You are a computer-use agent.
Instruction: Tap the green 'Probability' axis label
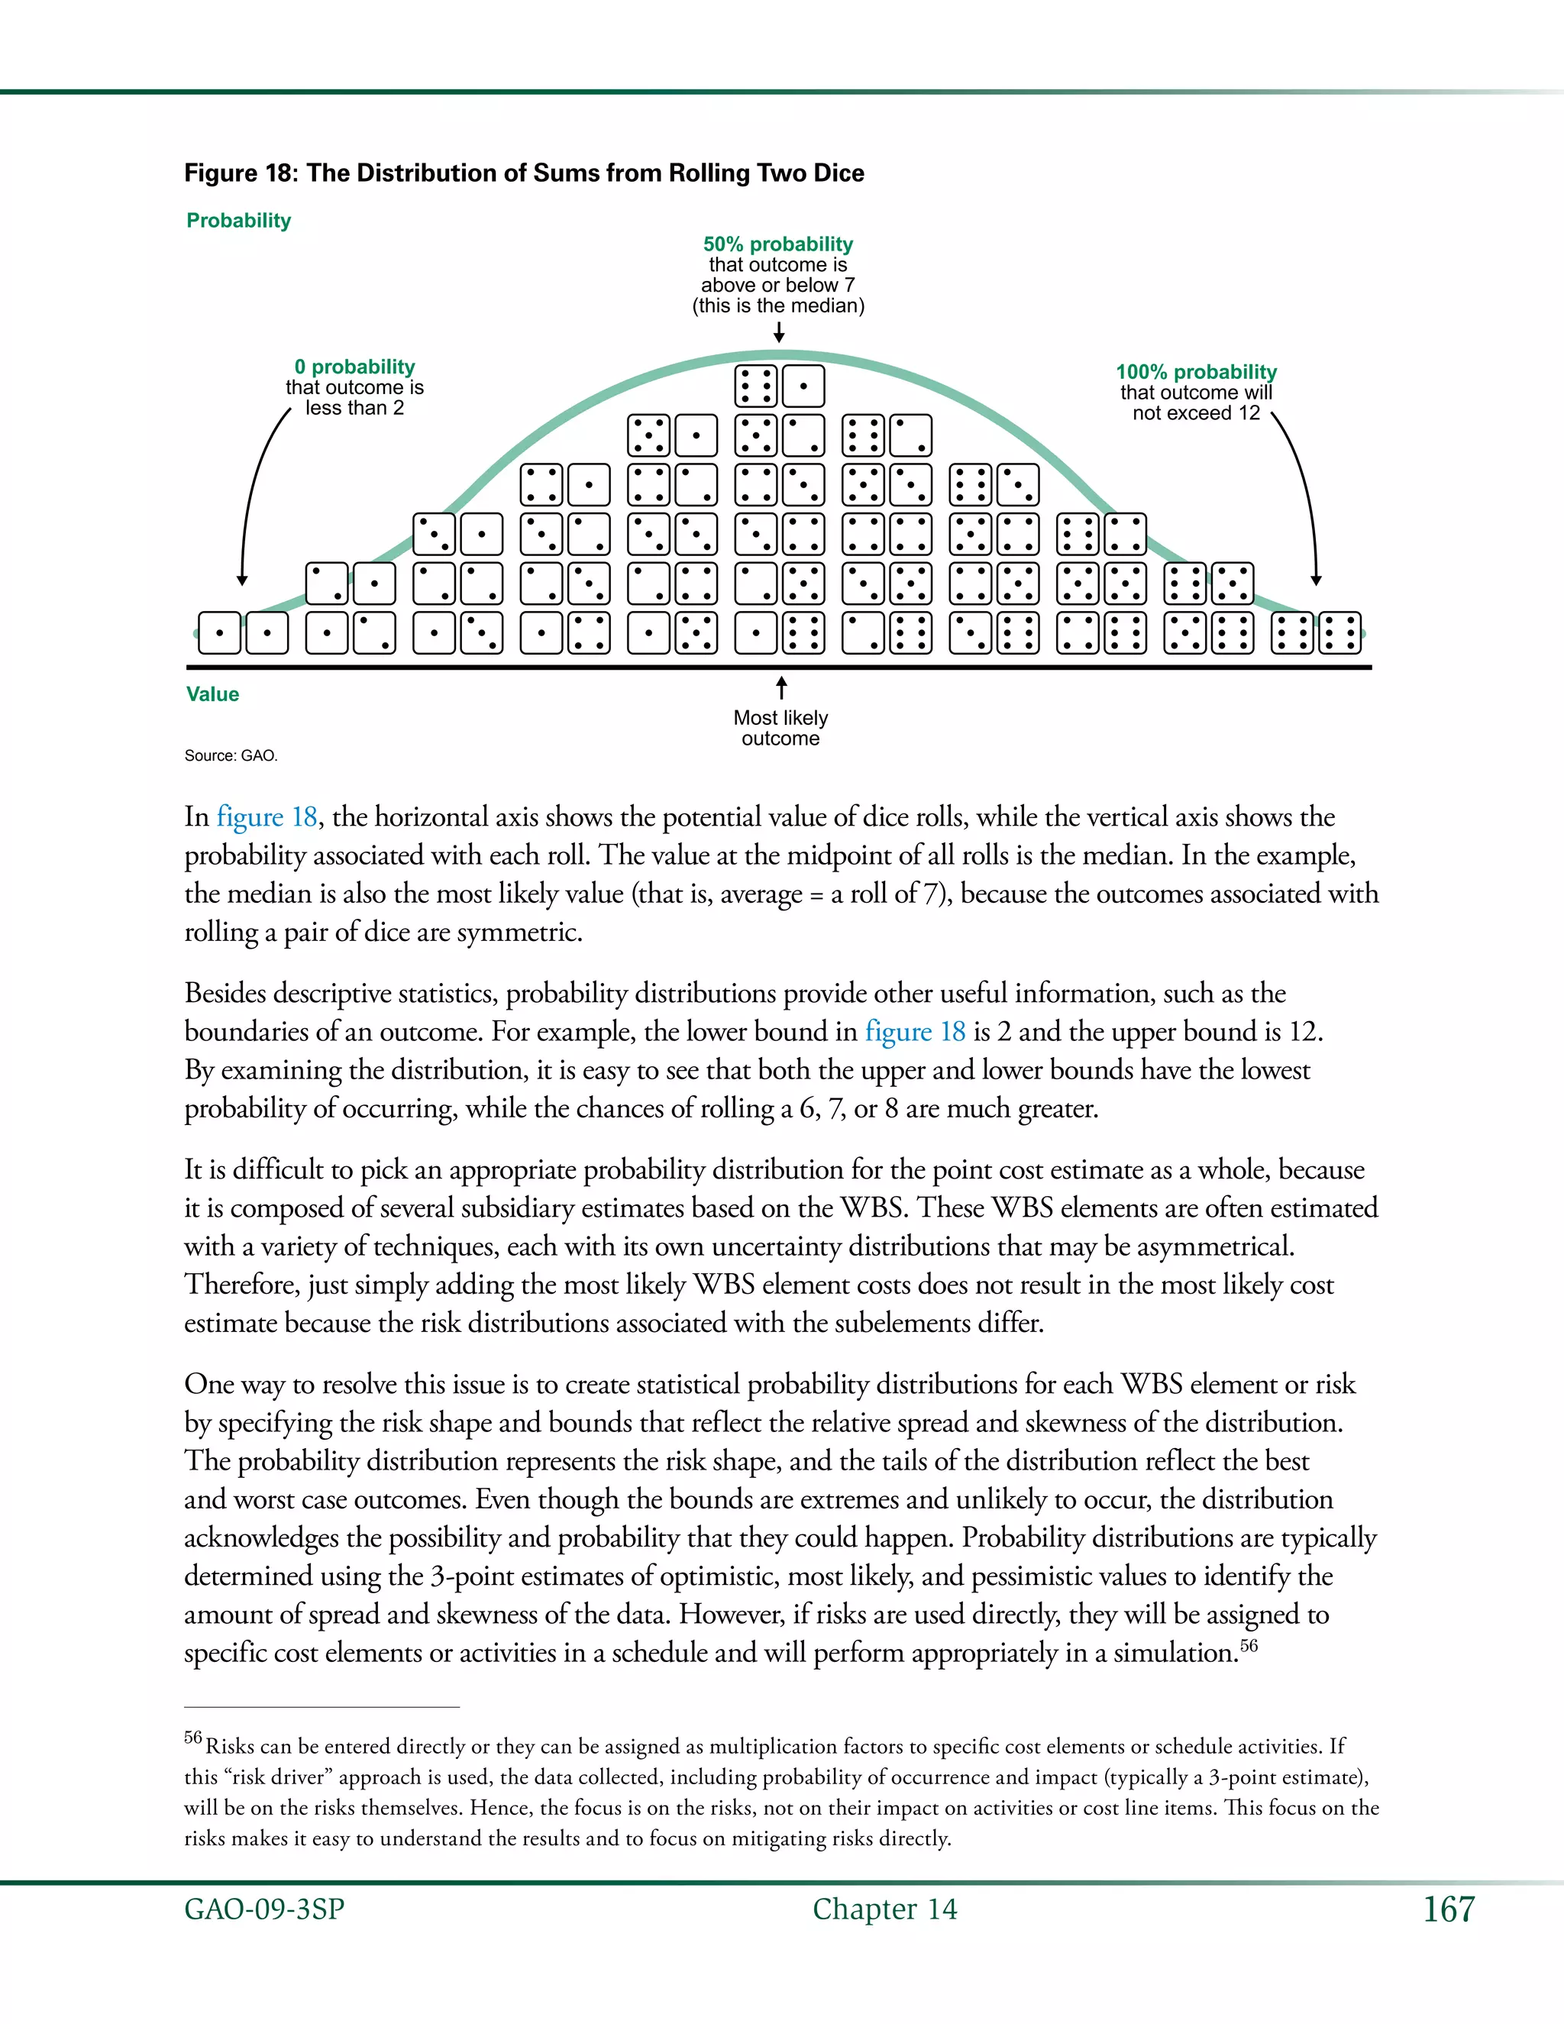238,221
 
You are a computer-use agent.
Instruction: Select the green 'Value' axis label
212,694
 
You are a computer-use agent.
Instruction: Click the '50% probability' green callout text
777,244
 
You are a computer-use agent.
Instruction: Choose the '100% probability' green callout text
1195,372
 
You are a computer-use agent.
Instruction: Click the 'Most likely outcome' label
780,727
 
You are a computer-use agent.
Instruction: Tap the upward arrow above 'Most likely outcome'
781,687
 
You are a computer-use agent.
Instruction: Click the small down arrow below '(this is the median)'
779,331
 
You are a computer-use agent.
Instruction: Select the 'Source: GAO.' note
231,755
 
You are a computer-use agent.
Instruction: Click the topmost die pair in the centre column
779,386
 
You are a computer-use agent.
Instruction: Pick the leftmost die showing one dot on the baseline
220,634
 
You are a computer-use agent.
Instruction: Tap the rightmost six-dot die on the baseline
1339,634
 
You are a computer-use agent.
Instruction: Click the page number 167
1448,1909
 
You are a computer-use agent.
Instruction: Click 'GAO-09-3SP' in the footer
264,1909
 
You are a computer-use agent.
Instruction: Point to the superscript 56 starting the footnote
192,1738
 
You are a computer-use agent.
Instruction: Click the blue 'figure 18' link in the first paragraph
267,816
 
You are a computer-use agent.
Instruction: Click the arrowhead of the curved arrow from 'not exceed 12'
1316,580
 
